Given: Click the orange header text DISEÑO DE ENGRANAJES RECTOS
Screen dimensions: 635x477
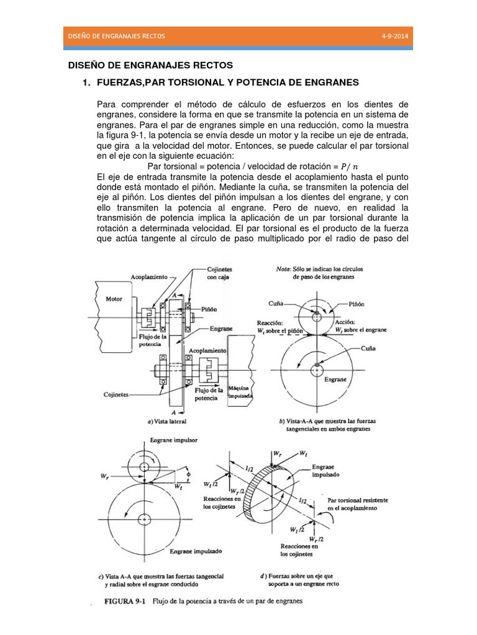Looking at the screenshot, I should pos(116,37).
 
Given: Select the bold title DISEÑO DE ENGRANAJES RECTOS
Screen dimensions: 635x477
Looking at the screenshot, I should pos(150,64).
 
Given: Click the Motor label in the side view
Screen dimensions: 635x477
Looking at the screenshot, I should pos(114,298).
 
